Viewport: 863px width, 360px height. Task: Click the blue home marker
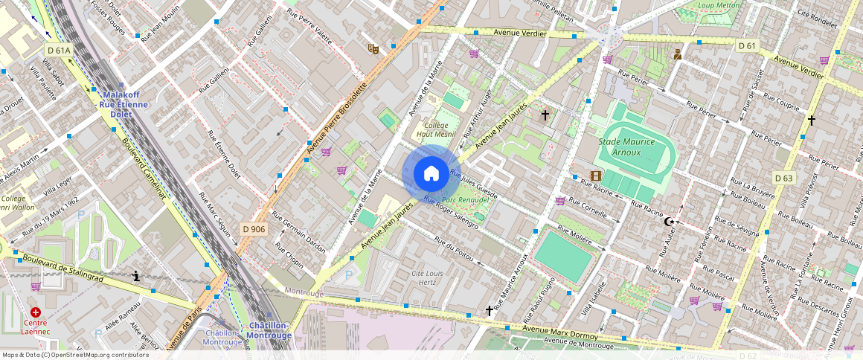point(431,174)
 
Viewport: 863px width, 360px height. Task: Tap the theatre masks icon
point(373,48)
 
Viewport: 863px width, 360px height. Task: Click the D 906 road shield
point(254,229)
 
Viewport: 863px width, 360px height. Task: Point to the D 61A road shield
point(59,51)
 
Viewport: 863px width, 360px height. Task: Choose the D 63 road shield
point(783,178)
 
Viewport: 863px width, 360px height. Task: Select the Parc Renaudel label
point(465,200)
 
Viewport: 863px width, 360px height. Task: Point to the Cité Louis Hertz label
point(428,278)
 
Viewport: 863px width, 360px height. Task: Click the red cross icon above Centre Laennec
point(36,313)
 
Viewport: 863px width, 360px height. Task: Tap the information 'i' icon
point(135,277)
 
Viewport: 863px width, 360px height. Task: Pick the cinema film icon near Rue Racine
point(595,176)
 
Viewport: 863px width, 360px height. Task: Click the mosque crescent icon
point(670,222)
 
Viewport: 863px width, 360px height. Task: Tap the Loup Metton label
point(720,5)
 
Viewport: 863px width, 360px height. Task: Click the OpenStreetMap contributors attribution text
point(76,355)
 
